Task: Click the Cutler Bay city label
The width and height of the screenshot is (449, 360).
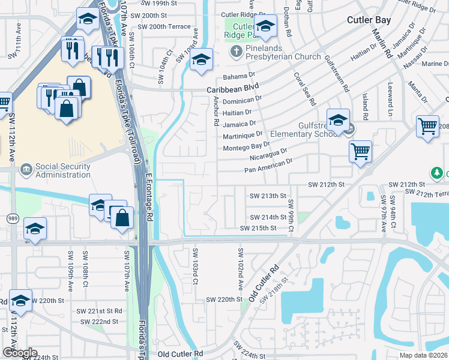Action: coord(369,20)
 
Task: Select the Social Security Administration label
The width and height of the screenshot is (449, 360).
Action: coord(63,171)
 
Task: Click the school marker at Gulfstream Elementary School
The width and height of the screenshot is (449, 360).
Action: coord(339,119)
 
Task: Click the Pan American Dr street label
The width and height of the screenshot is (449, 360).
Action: coord(268,166)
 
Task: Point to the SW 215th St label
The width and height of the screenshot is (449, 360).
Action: coord(258,228)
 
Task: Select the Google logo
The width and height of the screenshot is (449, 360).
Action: coord(20,353)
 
